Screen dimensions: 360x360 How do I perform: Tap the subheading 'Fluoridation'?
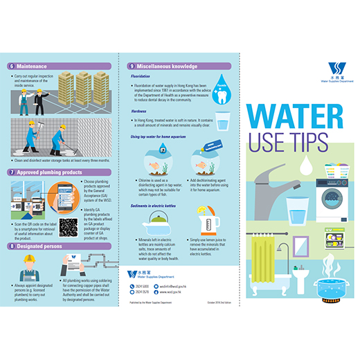click(143, 78)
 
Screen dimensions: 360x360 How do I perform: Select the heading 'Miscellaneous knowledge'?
click(169, 66)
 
